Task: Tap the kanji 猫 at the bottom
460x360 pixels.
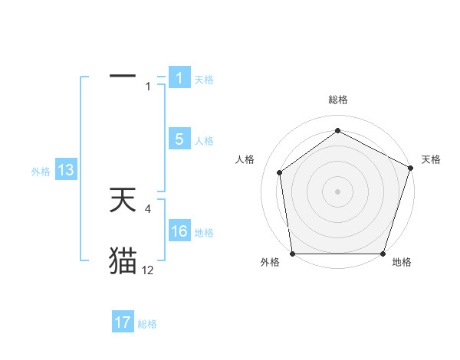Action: pyautogui.click(x=123, y=260)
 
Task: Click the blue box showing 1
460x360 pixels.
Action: pyautogui.click(x=179, y=78)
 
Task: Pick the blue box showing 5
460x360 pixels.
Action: pyautogui.click(x=179, y=139)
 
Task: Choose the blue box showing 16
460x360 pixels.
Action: pyautogui.click(x=179, y=231)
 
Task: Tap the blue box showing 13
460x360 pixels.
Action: pyautogui.click(x=66, y=171)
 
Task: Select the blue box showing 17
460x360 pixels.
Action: pyautogui.click(x=123, y=322)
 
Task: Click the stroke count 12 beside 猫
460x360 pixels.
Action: pyautogui.click(x=147, y=270)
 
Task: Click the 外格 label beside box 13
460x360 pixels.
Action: pyautogui.click(x=41, y=172)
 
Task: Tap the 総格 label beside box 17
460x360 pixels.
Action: pyautogui.click(x=147, y=324)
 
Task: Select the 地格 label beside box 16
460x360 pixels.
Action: pyautogui.click(x=204, y=233)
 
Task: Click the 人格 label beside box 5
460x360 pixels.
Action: pyautogui.click(x=204, y=141)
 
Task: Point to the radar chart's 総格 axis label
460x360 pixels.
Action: pyautogui.click(x=338, y=100)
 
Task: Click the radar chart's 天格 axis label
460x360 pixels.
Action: pyautogui.click(x=432, y=159)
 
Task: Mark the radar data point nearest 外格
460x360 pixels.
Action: pyautogui.click(x=293, y=254)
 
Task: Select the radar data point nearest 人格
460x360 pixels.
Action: pyautogui.click(x=280, y=172)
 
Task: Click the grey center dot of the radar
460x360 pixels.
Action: pyautogui.click(x=338, y=191)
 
